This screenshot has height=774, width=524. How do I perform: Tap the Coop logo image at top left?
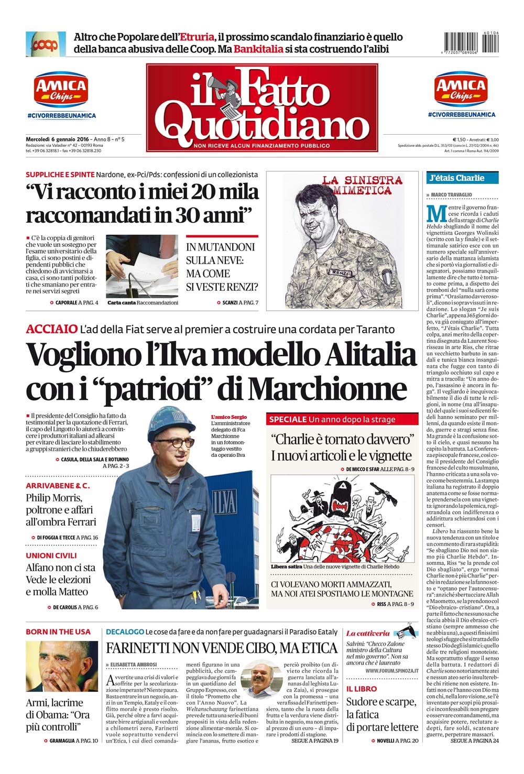coord(46,44)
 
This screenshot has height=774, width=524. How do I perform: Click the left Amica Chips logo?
coord(61,90)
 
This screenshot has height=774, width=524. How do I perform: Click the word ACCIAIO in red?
coord(51,329)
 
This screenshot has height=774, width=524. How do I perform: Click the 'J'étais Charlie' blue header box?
coord(462,178)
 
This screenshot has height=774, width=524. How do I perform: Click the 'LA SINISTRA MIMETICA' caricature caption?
coord(362,184)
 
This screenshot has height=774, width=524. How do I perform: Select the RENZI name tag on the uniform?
coord(339,272)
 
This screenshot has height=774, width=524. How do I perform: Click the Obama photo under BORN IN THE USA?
coord(62,666)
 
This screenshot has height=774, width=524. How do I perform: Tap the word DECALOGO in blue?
coord(125,632)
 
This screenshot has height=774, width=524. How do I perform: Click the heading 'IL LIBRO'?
coord(362,689)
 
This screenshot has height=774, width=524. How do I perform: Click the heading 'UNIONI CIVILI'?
coord(51,555)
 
